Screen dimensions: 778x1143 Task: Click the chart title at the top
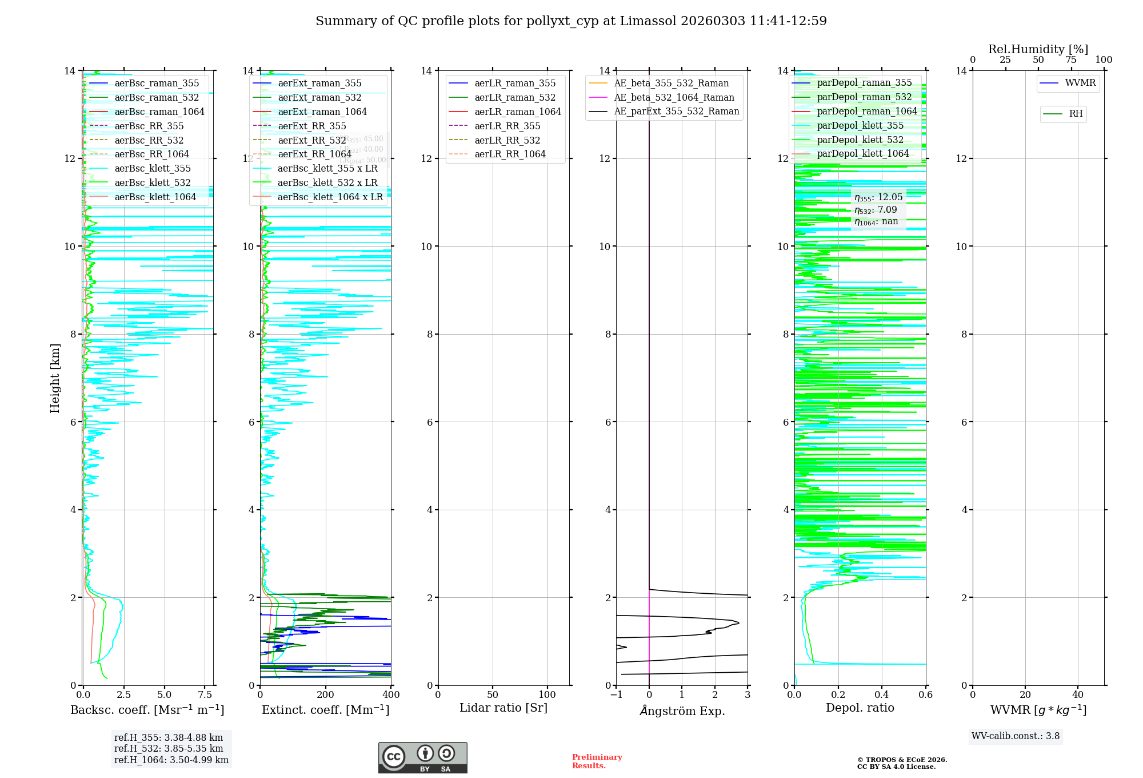(571, 21)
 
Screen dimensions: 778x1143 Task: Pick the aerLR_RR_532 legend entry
(507, 140)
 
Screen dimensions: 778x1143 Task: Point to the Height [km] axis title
(55, 378)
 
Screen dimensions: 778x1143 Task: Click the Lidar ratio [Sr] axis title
(503, 708)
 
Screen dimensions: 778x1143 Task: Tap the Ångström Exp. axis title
(682, 710)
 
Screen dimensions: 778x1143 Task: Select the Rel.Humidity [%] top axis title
(1038, 49)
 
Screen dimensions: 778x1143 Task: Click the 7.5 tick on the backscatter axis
(205, 695)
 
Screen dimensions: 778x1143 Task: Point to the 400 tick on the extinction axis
(391, 695)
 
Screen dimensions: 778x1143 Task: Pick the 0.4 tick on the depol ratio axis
(882, 695)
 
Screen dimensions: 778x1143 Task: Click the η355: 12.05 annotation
(878, 197)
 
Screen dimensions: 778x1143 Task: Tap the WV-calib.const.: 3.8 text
(1016, 736)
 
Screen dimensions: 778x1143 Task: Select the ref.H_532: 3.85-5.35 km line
(169, 748)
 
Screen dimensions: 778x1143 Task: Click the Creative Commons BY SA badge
(422, 757)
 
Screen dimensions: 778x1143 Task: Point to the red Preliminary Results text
(597, 761)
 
